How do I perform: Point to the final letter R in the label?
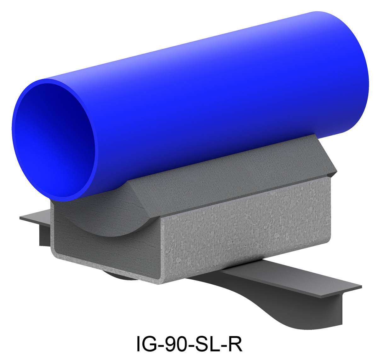235,344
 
